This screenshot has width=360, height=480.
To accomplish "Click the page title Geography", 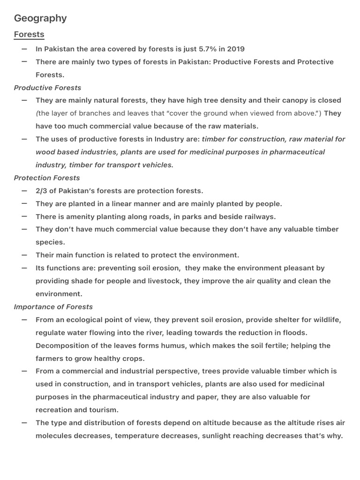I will tap(40, 18).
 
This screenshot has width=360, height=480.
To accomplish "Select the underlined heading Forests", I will tap(29, 34).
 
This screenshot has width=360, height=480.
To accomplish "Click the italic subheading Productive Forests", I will tap(47, 88).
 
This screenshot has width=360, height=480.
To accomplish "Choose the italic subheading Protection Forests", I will tap(47, 178).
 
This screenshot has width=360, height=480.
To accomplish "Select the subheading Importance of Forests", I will tap(53, 307).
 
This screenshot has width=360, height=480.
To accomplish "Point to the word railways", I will tap(260, 217).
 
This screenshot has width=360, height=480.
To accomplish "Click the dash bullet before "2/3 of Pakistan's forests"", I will tap(24, 191).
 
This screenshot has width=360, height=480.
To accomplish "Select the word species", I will tap(50, 242).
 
